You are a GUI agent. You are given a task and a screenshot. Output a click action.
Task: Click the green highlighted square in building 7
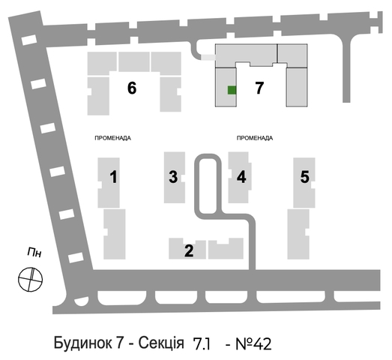point(232,90)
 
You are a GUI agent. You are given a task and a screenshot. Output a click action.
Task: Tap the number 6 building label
point(132,88)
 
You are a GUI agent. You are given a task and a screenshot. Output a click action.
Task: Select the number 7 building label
point(259,88)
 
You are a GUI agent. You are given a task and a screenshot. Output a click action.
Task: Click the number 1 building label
point(114,176)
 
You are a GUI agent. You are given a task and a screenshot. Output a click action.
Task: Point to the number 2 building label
point(189,250)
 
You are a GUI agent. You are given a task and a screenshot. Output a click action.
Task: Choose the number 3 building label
point(173,176)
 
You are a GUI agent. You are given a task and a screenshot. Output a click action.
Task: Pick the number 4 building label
point(241,176)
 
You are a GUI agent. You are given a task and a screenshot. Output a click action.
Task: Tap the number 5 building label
point(305,176)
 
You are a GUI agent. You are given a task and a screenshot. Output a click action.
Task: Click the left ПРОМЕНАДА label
point(112,138)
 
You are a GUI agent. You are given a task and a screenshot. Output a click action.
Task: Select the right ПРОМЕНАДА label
point(255,138)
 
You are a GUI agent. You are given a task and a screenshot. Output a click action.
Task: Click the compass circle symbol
point(30,280)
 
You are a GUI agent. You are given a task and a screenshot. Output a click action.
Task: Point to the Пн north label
point(34,252)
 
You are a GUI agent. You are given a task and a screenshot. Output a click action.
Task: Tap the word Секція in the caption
point(161,343)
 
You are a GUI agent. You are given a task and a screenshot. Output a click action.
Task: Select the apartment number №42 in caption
point(253,343)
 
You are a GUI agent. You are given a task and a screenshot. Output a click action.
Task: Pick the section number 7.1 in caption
point(202,344)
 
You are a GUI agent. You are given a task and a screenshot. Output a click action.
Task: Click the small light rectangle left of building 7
point(208,58)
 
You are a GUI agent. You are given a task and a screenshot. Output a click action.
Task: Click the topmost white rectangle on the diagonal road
point(29,40)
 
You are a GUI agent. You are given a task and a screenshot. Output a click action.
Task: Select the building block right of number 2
point(226,248)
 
